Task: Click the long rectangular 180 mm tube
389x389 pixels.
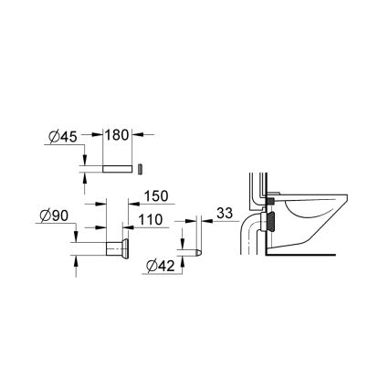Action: click(116, 169)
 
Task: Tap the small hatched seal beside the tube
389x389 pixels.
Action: click(141, 169)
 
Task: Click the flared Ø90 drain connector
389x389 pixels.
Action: click(117, 248)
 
